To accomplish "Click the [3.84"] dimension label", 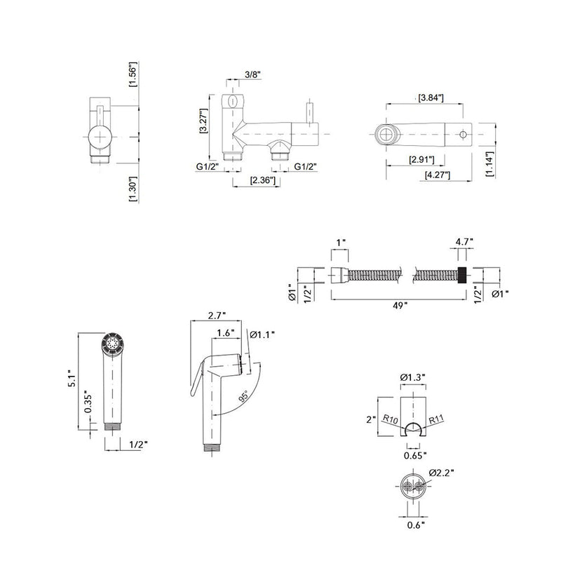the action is pyautogui.click(x=431, y=97).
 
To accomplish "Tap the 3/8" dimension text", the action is pyautogui.click(x=253, y=74).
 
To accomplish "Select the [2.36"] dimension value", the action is pyautogui.click(x=263, y=180).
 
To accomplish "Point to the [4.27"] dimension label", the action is pyautogui.click(x=437, y=175).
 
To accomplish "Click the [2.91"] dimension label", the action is pyautogui.click(x=421, y=159).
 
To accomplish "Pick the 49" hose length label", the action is pyautogui.click(x=400, y=305).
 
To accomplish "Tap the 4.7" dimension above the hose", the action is pyautogui.click(x=464, y=241).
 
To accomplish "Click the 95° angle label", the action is pyautogui.click(x=243, y=397).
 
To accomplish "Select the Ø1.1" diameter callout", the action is pyautogui.click(x=262, y=334).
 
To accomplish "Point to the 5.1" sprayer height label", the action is pyautogui.click(x=72, y=378).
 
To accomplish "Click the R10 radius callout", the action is pyautogui.click(x=390, y=419).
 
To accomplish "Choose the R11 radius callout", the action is pyautogui.click(x=436, y=419).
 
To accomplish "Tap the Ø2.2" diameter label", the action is pyautogui.click(x=441, y=473).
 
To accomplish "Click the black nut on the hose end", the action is pyautogui.click(x=462, y=275).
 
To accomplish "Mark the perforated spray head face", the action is pyautogui.click(x=113, y=344).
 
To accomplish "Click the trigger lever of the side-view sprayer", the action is pyautogui.click(x=196, y=379).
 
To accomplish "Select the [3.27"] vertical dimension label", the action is pyautogui.click(x=204, y=121).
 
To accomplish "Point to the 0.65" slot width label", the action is pyautogui.click(x=415, y=455).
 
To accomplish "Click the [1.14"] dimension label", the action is pyautogui.click(x=489, y=164).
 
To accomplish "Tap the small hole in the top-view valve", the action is pyautogui.click(x=463, y=135).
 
